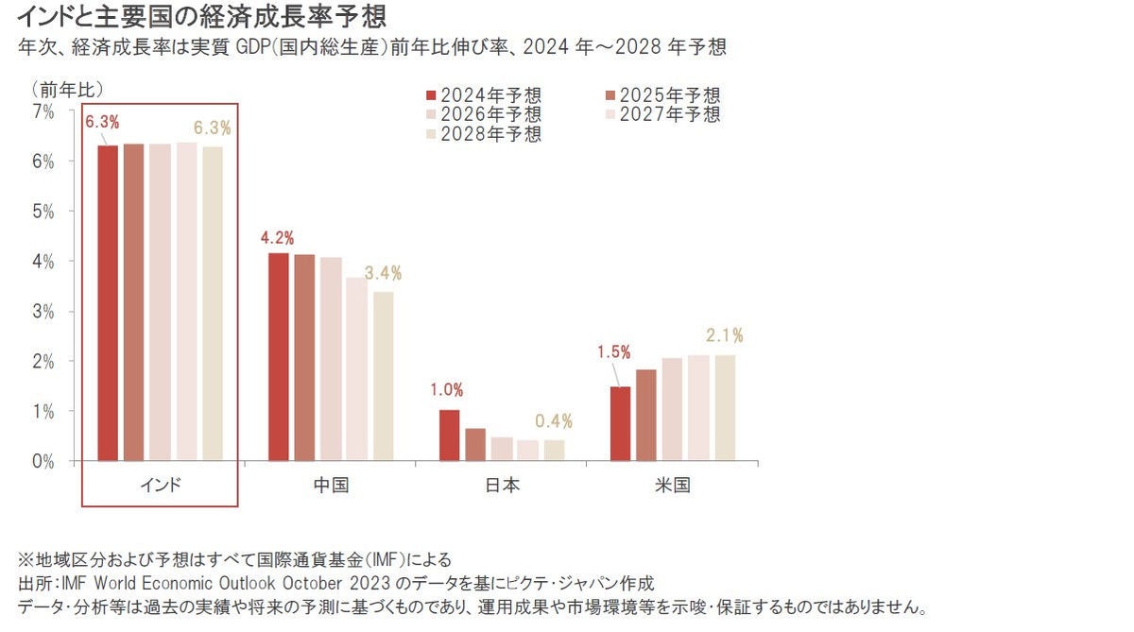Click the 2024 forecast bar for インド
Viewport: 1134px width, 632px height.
108,302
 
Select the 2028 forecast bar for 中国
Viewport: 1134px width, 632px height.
383,376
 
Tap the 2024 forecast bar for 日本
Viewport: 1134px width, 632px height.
450,436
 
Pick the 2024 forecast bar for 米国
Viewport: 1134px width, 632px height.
620,423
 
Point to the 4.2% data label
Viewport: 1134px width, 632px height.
277,237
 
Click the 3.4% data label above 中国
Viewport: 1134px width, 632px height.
384,273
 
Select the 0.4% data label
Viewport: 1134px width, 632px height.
554,421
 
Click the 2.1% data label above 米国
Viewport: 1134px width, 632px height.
725,335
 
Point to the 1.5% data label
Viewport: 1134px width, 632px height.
613,351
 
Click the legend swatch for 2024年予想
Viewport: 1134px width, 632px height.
431,95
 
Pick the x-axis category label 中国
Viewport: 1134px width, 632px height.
331,486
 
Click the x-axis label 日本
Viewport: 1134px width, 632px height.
502,486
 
